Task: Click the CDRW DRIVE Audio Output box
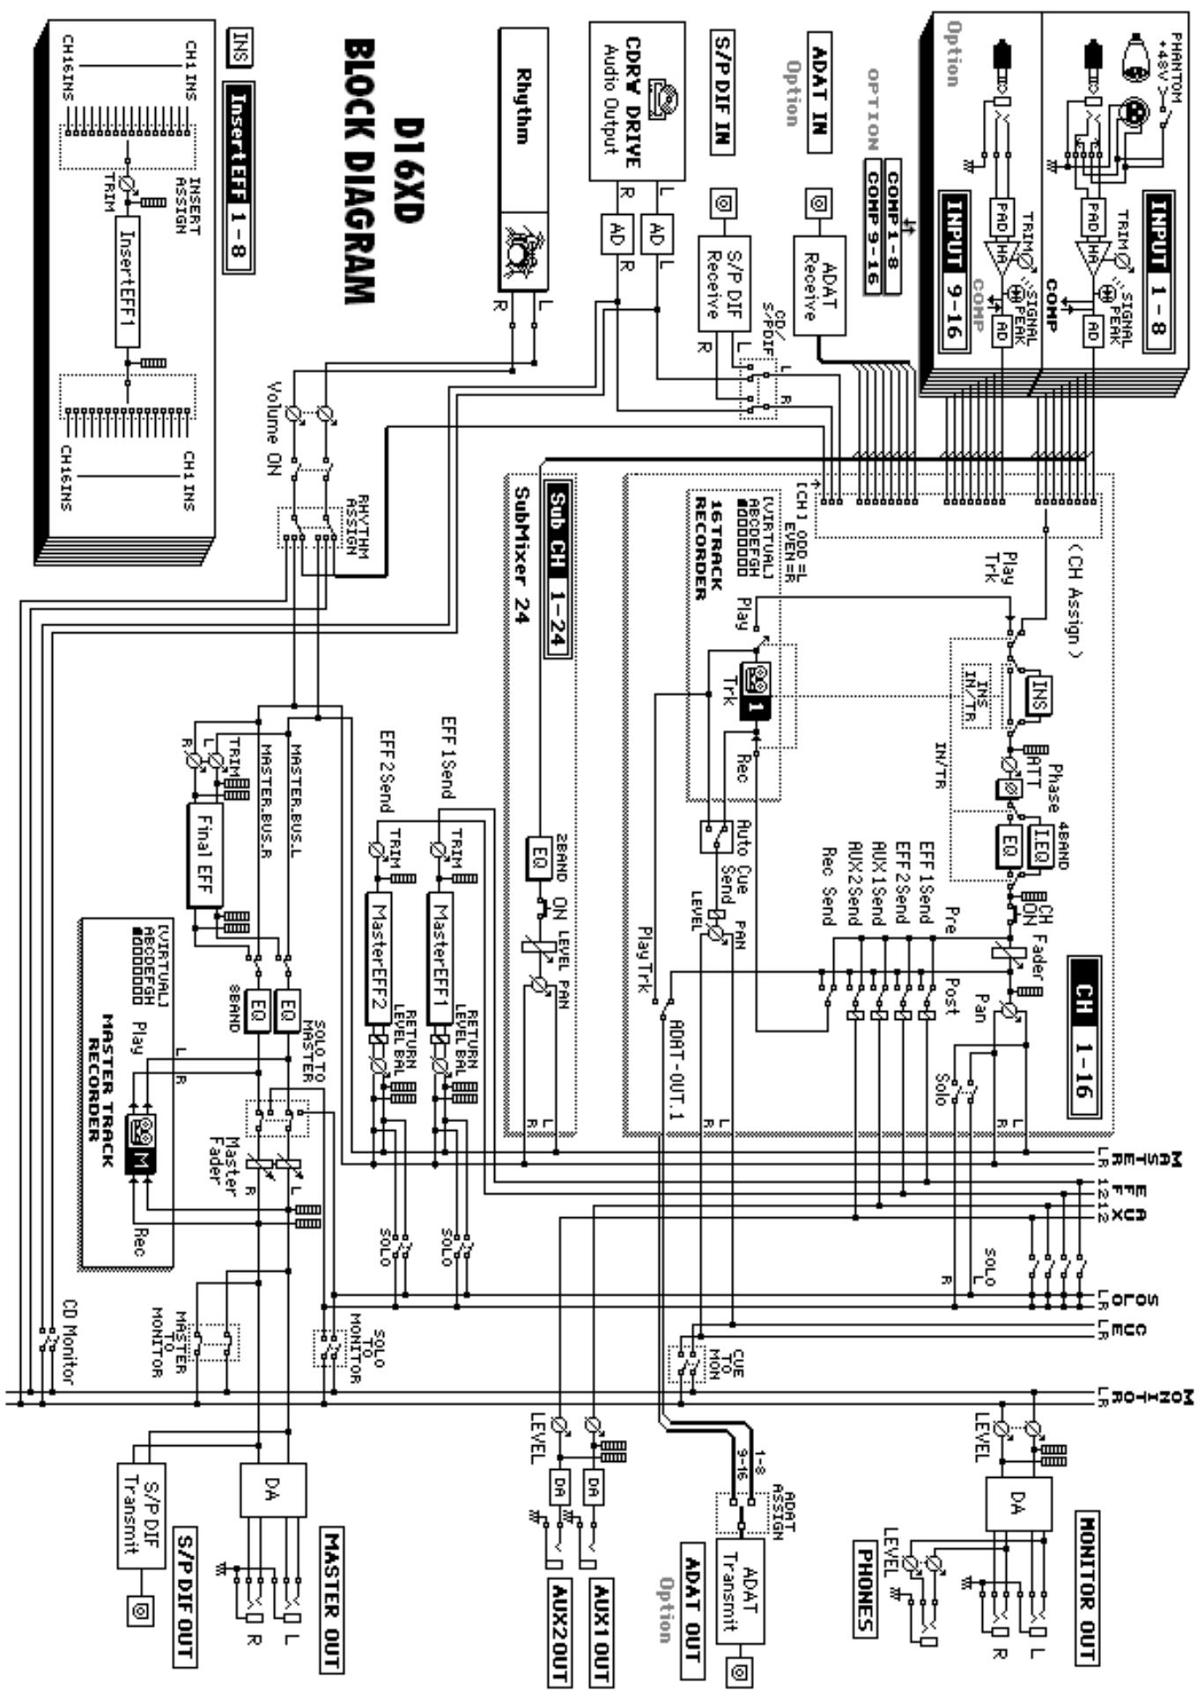[x=636, y=101]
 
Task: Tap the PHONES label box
[x=866, y=1585]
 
